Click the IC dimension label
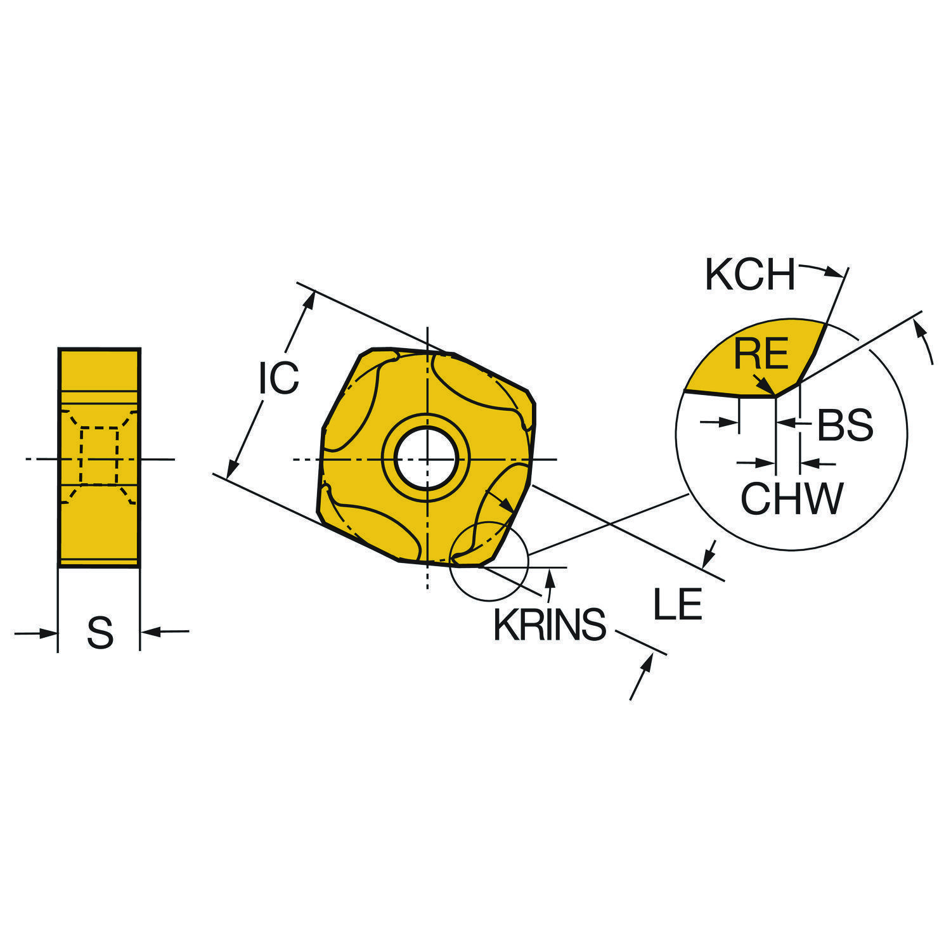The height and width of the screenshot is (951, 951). [x=278, y=378]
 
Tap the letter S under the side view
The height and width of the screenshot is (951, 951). [x=100, y=633]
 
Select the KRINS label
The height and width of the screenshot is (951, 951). [x=550, y=625]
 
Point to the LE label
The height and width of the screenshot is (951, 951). [x=678, y=604]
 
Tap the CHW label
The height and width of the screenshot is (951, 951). [x=792, y=498]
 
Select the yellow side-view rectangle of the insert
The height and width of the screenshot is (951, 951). [x=99, y=456]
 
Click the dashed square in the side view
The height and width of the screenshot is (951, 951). [x=100, y=456]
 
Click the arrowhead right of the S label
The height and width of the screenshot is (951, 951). [x=150, y=631]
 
